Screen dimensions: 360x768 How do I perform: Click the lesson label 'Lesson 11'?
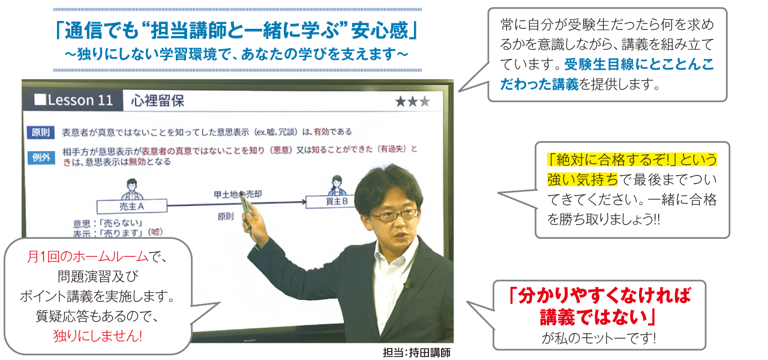tap(74, 100)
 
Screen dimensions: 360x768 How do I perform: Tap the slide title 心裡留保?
tap(158, 101)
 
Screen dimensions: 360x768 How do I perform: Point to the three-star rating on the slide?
tap(412, 101)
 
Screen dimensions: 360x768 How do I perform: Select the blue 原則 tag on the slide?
tap(41, 132)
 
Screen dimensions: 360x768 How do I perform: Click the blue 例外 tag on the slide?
tap(41, 158)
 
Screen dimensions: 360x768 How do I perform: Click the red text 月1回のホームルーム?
tap(88, 257)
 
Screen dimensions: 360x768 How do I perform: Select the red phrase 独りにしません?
tap(97, 335)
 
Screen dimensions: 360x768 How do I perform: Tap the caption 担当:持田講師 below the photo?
tap(415, 352)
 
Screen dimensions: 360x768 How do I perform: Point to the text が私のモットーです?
tap(598, 337)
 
